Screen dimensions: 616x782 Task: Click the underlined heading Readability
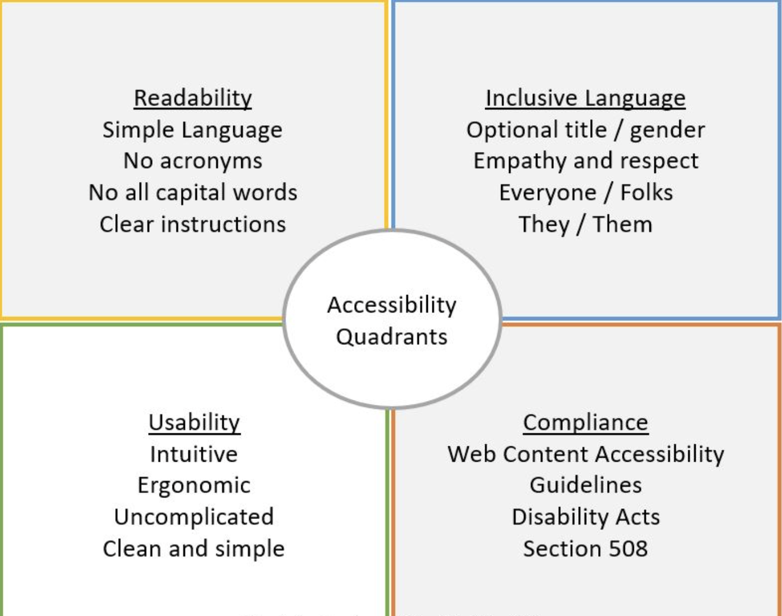click(x=193, y=98)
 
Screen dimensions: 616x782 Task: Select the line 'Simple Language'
click(x=192, y=130)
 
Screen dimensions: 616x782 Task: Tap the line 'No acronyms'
click(x=193, y=161)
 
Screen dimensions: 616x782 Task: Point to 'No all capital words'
click(x=193, y=193)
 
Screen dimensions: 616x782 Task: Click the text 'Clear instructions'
click(x=193, y=225)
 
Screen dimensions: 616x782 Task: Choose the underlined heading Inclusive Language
click(x=585, y=98)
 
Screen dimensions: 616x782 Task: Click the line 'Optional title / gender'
click(x=585, y=130)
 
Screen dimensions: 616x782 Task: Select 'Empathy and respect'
click(x=585, y=161)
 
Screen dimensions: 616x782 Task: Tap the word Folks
click(x=646, y=193)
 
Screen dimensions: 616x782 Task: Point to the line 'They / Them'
click(x=585, y=225)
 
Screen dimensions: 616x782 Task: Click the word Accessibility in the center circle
click(x=392, y=305)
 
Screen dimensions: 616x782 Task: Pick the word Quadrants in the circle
click(x=392, y=337)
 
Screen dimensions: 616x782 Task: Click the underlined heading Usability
click(x=194, y=423)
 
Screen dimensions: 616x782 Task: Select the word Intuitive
click(x=194, y=454)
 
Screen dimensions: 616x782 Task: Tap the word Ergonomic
click(x=194, y=486)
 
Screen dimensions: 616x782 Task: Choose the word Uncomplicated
click(x=194, y=517)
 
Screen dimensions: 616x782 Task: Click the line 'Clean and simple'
click(x=194, y=549)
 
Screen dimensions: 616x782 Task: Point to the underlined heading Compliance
click(x=585, y=423)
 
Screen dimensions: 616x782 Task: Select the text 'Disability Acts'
click(x=585, y=517)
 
